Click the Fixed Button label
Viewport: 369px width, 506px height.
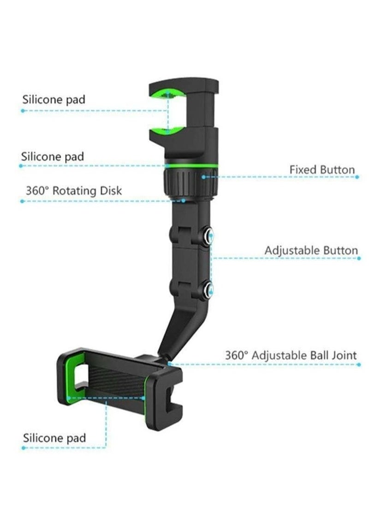click(322, 169)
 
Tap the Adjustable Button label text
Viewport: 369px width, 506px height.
click(311, 250)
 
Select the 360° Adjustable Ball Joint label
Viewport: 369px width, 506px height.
click(291, 355)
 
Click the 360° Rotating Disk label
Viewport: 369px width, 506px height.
click(74, 191)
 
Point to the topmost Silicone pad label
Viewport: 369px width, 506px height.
click(54, 99)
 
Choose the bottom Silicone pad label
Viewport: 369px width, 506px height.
click(54, 438)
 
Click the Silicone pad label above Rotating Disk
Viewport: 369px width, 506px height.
click(53, 157)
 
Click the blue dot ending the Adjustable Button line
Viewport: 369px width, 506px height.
click(358, 259)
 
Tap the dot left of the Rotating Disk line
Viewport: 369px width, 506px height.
click(22, 201)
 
